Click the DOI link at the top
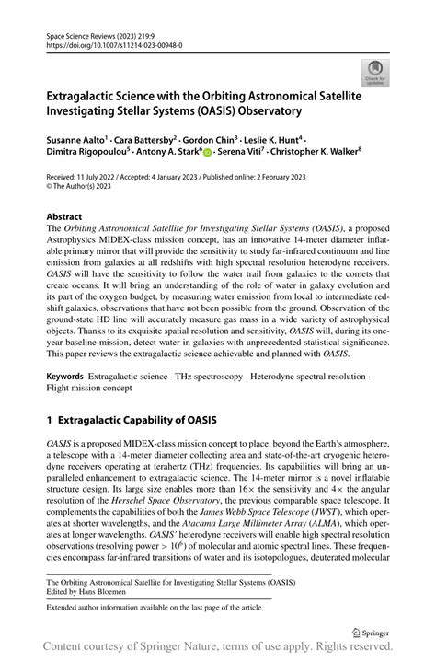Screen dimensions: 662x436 pyautogui.click(x=114, y=43)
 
